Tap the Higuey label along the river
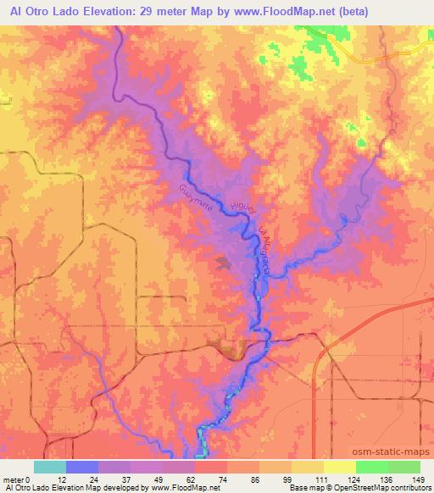click(241, 209)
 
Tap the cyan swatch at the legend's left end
click(50, 467)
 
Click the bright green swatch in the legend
click(371, 467)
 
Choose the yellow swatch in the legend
click(339, 467)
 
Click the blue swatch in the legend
click(82, 467)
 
